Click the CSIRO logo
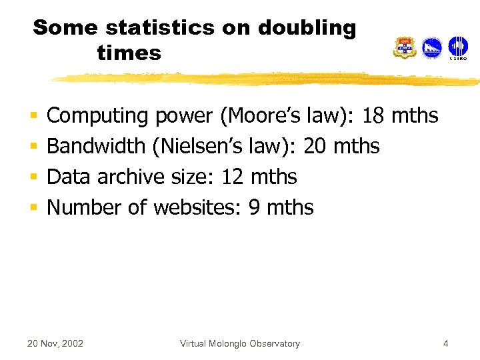tap(457, 48)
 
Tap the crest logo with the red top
tap(405, 48)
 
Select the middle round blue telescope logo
tap(431, 48)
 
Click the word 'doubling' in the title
tap(307, 28)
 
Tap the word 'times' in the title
tap(129, 53)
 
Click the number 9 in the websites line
tap(254, 207)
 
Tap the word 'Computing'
tap(98, 116)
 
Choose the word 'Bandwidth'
tap(96, 146)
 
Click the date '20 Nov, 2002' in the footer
tap(55, 344)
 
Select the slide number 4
tap(445, 344)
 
